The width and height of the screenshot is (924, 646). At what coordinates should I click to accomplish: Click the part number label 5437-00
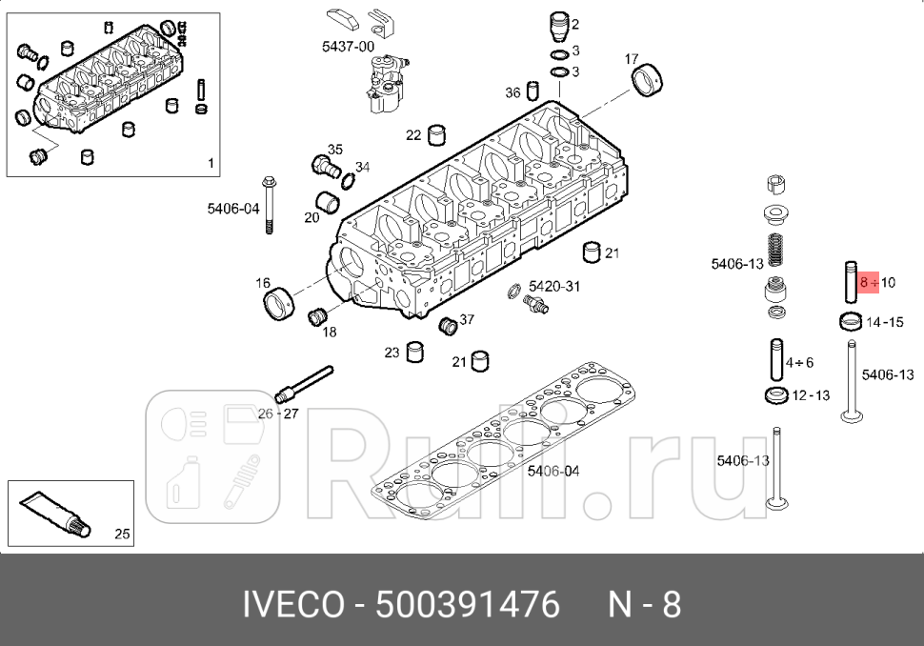(x=348, y=46)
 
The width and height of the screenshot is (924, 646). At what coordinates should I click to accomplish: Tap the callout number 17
(x=632, y=59)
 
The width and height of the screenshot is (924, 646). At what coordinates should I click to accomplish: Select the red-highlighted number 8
(x=863, y=283)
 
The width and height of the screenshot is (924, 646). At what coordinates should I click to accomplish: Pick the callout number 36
(x=512, y=92)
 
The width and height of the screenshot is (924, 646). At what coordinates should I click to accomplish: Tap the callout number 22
(x=412, y=135)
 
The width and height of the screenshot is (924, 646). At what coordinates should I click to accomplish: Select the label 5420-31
(x=554, y=286)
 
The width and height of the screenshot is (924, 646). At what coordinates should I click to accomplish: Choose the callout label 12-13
(x=811, y=395)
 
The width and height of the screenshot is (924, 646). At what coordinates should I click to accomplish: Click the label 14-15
(x=885, y=322)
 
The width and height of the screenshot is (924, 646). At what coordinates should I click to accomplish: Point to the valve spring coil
(x=775, y=253)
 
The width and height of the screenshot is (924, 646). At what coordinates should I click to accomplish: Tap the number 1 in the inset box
(x=211, y=163)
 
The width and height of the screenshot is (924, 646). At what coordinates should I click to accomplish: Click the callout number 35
(x=334, y=150)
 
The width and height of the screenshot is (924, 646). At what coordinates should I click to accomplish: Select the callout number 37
(x=467, y=319)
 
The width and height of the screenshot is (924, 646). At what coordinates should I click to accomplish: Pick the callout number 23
(x=392, y=353)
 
